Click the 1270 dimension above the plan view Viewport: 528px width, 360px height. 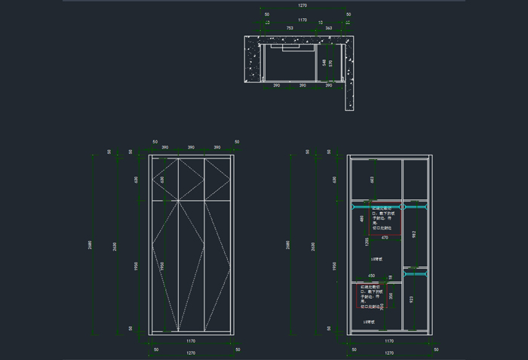[302, 5]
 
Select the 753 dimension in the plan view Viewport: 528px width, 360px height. [290, 28]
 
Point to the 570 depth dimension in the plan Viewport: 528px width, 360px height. [330, 63]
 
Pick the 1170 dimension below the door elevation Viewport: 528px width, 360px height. [191, 341]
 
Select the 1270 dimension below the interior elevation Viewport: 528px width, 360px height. [389, 352]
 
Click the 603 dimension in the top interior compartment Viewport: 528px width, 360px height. [372, 179]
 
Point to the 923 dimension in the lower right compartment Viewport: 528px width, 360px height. [410, 300]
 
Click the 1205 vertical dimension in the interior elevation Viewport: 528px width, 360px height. [367, 242]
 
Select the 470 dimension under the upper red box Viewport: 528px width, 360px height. [384, 238]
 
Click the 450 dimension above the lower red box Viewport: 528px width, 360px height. [371, 276]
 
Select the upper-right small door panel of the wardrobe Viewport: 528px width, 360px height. [217, 179]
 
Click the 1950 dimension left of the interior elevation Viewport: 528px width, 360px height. [334, 266]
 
